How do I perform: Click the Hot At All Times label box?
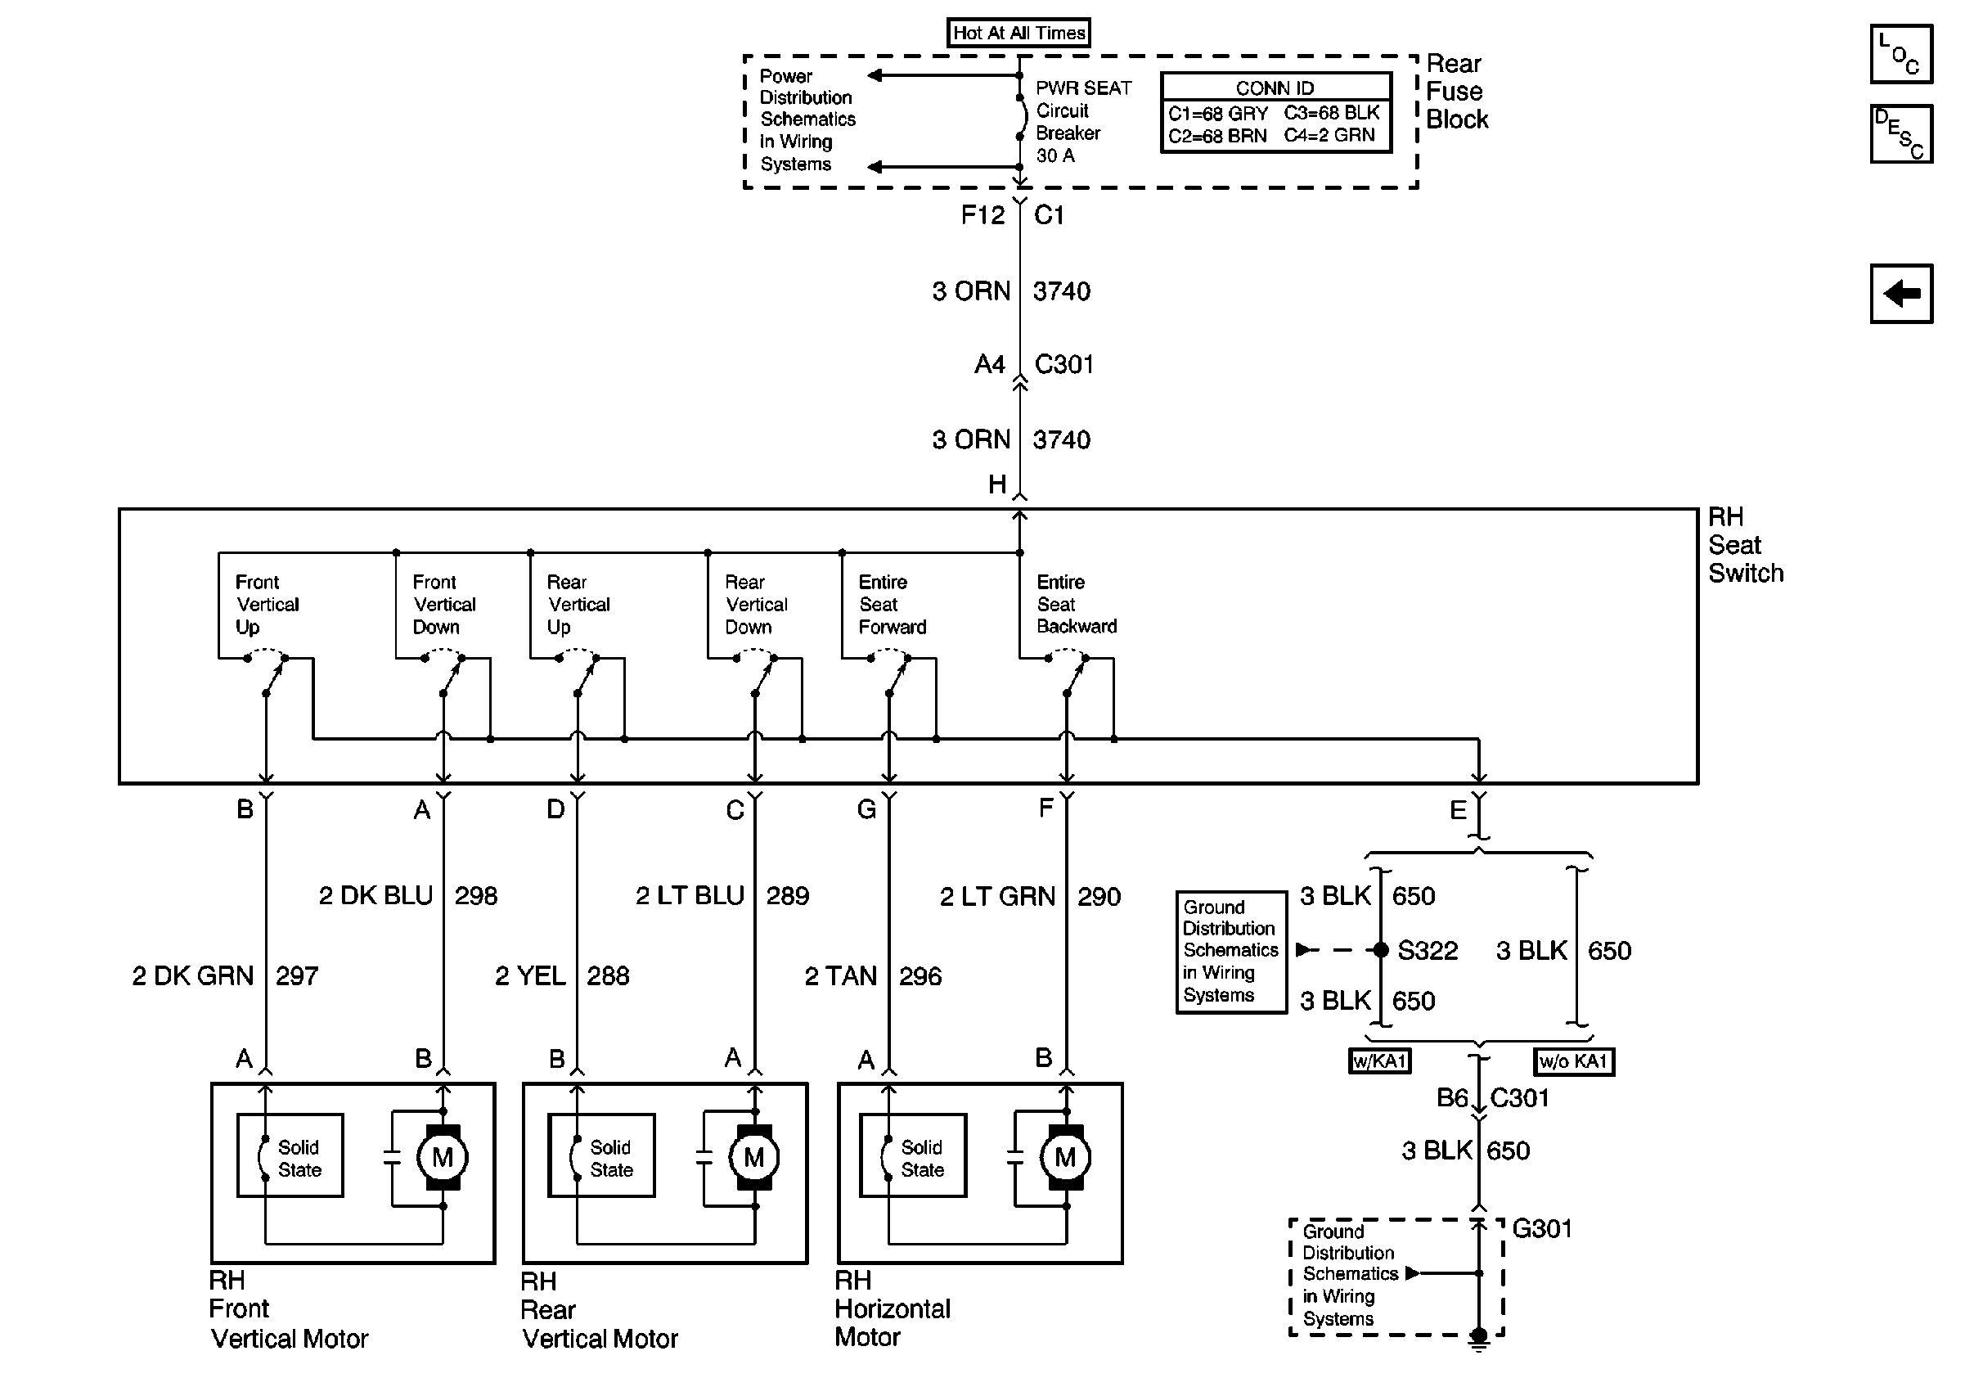(x=1018, y=33)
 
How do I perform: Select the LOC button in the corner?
(x=1901, y=54)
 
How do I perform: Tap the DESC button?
(x=1901, y=133)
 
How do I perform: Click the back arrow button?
(x=1901, y=294)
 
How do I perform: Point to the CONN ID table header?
(x=1275, y=88)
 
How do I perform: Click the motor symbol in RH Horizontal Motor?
(x=1065, y=1158)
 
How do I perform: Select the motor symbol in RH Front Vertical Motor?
(x=443, y=1158)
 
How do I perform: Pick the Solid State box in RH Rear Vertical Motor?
(x=601, y=1155)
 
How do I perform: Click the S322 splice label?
(x=1428, y=951)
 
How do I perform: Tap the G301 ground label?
(x=1542, y=1229)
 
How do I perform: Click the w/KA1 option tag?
(x=1379, y=1062)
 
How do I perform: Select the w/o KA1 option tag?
(x=1574, y=1062)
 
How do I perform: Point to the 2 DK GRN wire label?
(x=193, y=975)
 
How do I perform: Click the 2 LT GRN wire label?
(x=997, y=896)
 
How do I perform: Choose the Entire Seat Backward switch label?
(x=1077, y=604)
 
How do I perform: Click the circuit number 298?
(x=476, y=896)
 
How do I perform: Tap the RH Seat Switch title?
(x=1746, y=545)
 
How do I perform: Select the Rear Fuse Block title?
(x=1457, y=92)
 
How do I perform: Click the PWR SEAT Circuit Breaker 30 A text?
(x=1083, y=122)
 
